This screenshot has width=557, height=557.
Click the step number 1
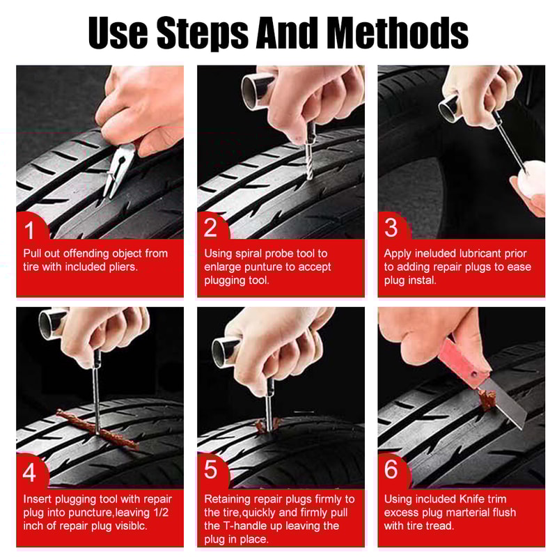(29, 228)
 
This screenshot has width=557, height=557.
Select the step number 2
(210, 228)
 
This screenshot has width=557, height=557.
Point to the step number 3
(391, 228)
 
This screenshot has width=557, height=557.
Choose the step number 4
(29, 471)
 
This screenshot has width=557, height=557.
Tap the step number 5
(210, 470)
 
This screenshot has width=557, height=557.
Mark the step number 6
(391, 470)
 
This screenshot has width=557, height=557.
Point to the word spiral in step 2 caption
(251, 253)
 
